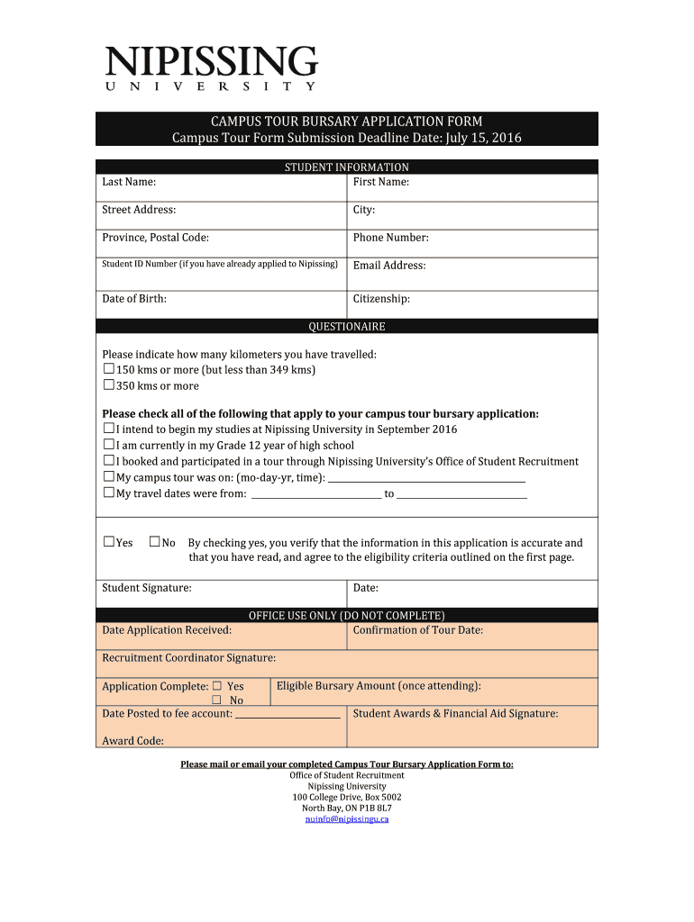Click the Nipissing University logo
pos(212,68)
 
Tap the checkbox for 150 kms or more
pos(108,369)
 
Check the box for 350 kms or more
pos(108,385)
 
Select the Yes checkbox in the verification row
pos(108,542)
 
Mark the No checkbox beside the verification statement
pos(154,542)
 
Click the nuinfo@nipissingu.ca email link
pos(347,819)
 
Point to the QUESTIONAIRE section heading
pos(347,326)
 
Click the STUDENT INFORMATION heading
pos(347,167)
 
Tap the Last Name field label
pos(129,182)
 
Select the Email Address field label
pos(389,266)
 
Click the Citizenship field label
pos(381,299)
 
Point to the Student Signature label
pos(146,588)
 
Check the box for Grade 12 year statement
pos(108,445)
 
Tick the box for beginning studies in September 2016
pos(108,429)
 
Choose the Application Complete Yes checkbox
pos(216,686)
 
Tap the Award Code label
pos(132,741)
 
